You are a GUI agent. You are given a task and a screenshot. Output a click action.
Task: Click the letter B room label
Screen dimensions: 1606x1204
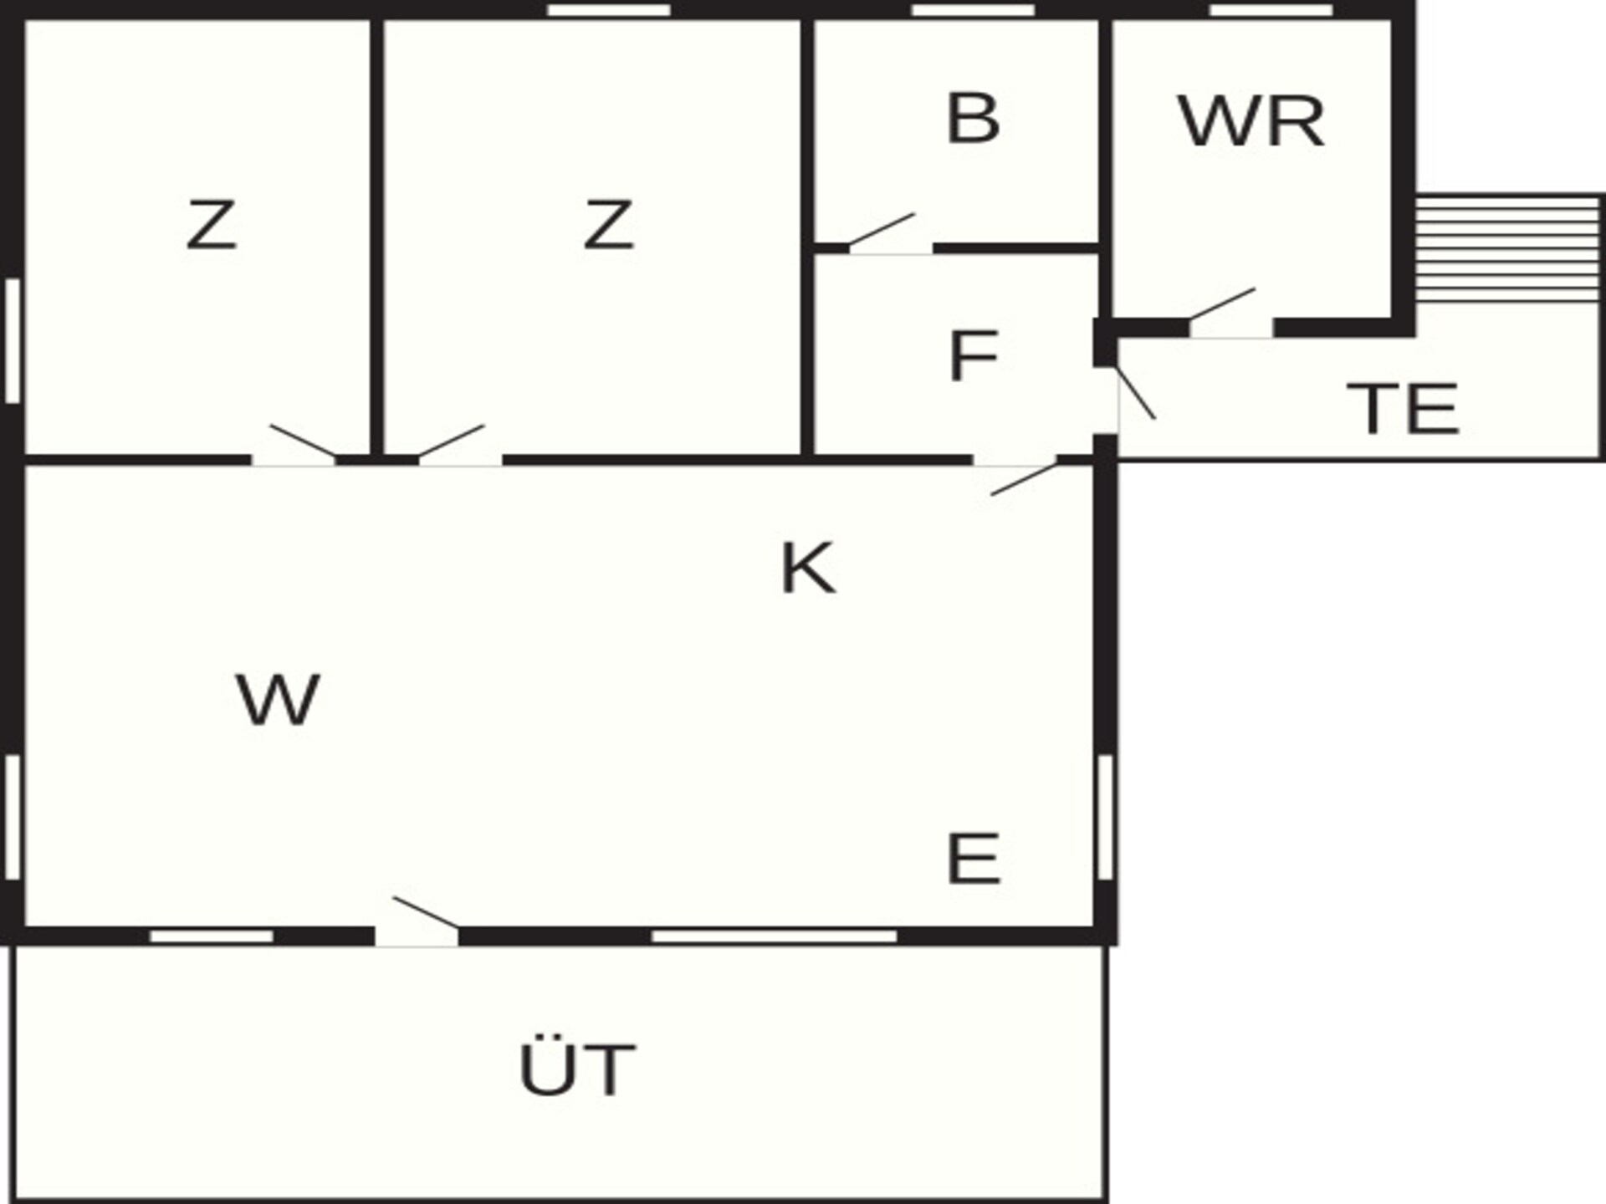pos(973,119)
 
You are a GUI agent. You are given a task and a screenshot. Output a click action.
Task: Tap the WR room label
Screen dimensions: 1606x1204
pos(1251,122)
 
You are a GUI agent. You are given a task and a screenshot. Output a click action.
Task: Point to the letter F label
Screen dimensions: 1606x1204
pos(974,356)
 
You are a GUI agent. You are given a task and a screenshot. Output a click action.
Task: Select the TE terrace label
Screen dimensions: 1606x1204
pos(1404,409)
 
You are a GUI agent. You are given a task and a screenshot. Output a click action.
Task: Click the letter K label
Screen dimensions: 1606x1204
pos(807,568)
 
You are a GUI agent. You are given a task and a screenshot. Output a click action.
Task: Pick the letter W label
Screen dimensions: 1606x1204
pos(278,699)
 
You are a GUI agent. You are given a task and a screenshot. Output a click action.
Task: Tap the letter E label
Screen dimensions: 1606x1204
pos(974,858)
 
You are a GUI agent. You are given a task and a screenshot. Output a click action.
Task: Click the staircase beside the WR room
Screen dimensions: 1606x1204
pos(1507,249)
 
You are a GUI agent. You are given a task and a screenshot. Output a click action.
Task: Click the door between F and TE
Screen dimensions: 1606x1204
pos(1136,393)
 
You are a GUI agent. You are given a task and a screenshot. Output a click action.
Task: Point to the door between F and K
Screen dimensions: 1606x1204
pos(1024,479)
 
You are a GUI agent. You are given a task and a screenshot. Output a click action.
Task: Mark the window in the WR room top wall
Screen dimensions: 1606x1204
pos(1271,10)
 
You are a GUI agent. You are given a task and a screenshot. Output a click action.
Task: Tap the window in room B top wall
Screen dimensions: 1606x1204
pos(973,10)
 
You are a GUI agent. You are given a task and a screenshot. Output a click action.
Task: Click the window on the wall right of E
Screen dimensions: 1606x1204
pos(1105,817)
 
